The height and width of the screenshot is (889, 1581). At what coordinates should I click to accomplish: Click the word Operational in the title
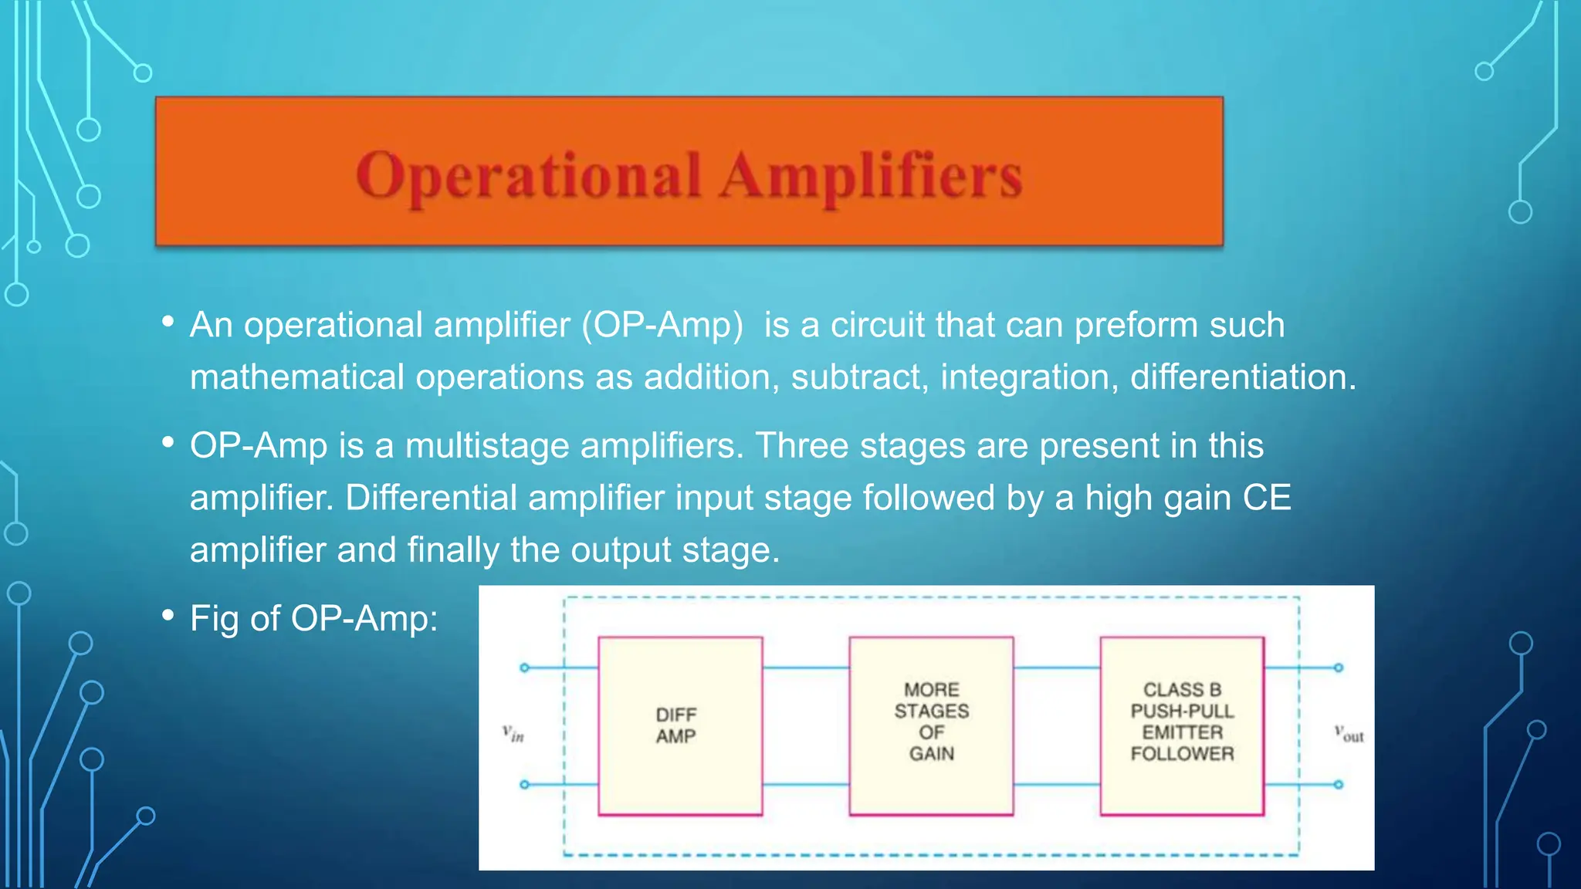(528, 176)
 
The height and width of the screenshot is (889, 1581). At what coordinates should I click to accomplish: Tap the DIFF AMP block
(679, 725)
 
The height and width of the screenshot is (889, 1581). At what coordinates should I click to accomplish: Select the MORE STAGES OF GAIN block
(931, 725)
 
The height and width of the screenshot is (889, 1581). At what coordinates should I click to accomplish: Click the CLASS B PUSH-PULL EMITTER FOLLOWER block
(1182, 725)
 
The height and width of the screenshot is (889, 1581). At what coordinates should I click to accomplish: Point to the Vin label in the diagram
(513, 732)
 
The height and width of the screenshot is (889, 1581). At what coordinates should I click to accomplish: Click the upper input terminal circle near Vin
(525, 668)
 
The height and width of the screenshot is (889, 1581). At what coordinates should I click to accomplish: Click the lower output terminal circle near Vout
(1339, 785)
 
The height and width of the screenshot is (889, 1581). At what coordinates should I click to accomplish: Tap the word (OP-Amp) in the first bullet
(662, 325)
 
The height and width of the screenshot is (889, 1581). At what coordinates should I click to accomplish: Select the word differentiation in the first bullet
(1241, 377)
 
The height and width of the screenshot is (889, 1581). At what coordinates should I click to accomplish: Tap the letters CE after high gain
(1267, 498)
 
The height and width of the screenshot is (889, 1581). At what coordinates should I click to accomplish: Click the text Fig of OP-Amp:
(313, 619)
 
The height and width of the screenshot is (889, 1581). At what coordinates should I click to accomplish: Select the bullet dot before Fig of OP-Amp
(168, 615)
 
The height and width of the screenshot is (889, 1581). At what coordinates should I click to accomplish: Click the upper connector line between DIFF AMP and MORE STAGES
(805, 668)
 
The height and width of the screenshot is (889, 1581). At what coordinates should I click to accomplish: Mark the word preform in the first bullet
(1136, 325)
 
